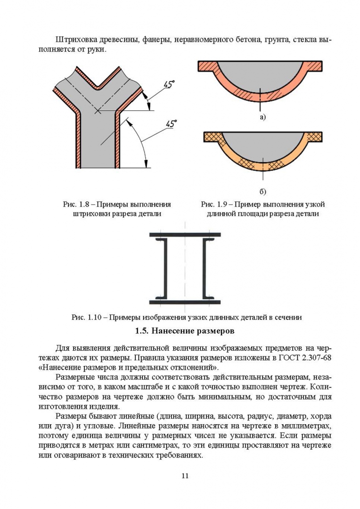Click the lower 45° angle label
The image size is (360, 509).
click(171, 123)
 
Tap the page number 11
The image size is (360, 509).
click(185, 476)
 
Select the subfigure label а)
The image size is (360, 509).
click(262, 117)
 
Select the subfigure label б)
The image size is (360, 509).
click(262, 192)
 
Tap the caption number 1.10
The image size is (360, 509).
click(94, 317)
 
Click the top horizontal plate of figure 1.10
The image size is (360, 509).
click(185, 234)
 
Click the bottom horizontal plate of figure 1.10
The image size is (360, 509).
click(185, 302)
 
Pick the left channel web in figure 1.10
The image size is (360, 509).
click(165, 268)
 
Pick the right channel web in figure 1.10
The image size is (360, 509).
click(205, 268)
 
